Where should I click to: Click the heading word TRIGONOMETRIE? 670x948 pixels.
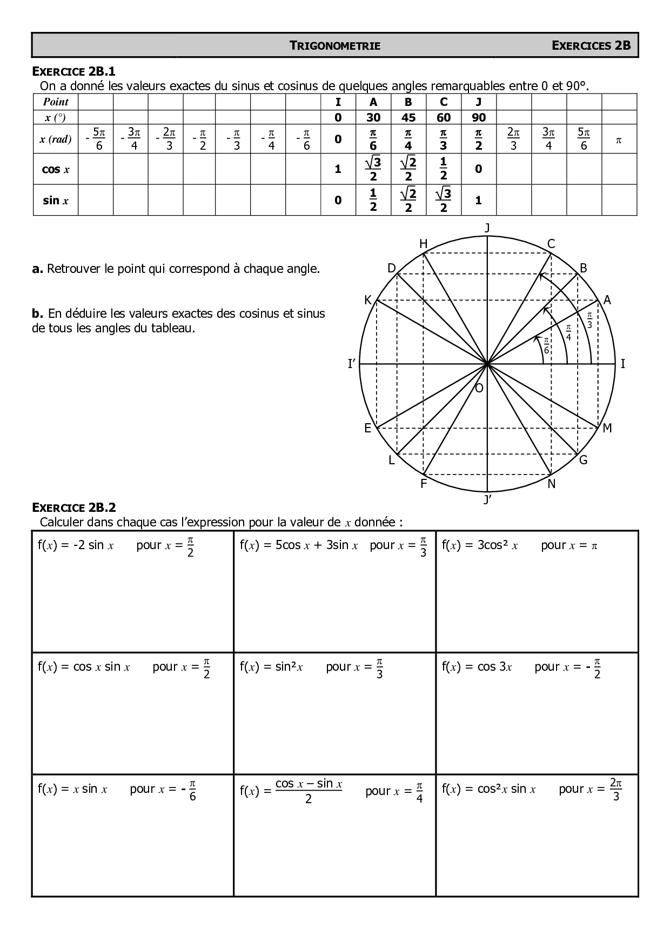coord(335,46)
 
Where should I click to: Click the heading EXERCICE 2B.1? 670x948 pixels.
coord(74,71)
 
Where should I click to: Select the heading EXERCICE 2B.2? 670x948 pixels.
coord(74,508)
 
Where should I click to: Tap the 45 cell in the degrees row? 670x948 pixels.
coord(408,117)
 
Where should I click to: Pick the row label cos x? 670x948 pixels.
coord(56,169)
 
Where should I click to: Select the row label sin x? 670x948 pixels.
coord(56,201)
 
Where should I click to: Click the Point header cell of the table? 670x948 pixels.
coord(56,102)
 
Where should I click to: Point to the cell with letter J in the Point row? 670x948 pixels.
coord(479,102)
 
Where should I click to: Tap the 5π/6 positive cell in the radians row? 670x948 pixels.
coord(584,139)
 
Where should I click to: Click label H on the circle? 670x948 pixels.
coord(424,244)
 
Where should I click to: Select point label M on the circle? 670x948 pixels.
coord(607,428)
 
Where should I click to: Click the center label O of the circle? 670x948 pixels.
coord(479,388)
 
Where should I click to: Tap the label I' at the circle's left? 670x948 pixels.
coord(352,364)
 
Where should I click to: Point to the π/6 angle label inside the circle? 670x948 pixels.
coord(546,345)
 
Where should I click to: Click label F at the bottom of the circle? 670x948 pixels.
coord(424,484)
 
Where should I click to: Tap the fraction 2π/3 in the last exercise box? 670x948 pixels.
coord(616,789)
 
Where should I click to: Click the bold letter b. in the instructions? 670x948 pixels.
coord(37,313)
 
